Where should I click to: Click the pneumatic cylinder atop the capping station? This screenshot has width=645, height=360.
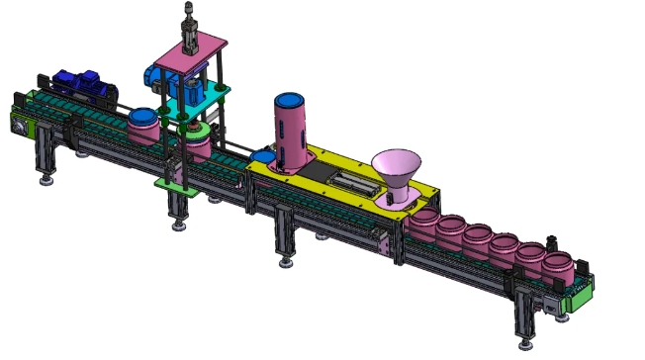coord(189,25)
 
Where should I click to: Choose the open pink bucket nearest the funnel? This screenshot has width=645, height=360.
coord(427,222)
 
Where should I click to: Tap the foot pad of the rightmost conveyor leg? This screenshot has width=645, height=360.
coord(524,342)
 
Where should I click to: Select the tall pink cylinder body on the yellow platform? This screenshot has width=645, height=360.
coord(292,138)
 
